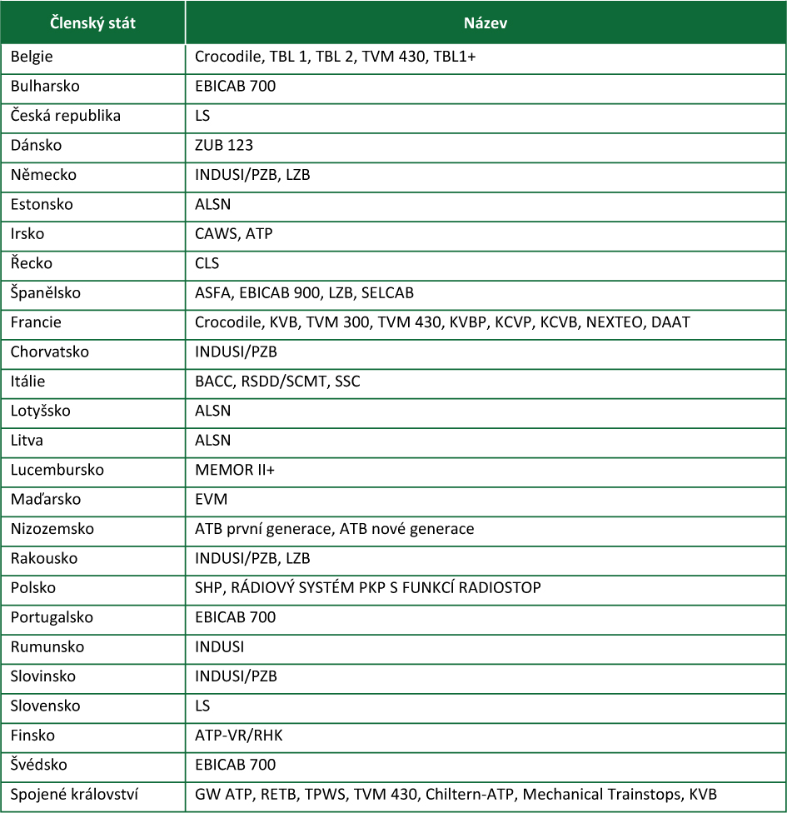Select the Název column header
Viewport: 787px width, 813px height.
[x=485, y=23]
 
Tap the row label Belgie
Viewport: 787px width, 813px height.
[x=31, y=57]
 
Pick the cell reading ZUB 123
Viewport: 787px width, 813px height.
[x=224, y=145]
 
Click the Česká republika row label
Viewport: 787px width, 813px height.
[x=65, y=116]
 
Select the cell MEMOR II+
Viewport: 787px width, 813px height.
[x=235, y=470]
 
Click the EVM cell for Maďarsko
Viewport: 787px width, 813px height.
[x=211, y=499]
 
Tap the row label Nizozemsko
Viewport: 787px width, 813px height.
[x=52, y=529]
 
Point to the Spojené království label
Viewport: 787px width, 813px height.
[x=73, y=794]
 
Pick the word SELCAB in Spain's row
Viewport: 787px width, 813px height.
[x=387, y=293]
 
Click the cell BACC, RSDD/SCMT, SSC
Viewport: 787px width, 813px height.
[x=277, y=382]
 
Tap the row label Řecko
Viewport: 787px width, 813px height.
[x=32, y=263]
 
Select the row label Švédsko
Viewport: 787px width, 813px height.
[x=39, y=765]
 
